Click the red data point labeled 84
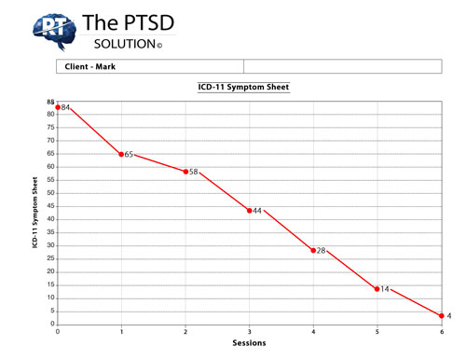coord(58,107)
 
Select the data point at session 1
coord(121,154)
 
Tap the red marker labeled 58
coord(185,172)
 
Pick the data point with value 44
coord(249,210)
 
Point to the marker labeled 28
coord(313,250)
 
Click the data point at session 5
coord(377,289)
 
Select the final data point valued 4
coord(441,316)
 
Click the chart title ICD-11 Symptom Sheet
coord(243,87)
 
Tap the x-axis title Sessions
coord(249,343)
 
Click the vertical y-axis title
coord(34,213)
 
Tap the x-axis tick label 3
coord(249,331)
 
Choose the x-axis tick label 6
coord(441,331)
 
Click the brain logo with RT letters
coord(53,30)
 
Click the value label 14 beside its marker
coord(384,289)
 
